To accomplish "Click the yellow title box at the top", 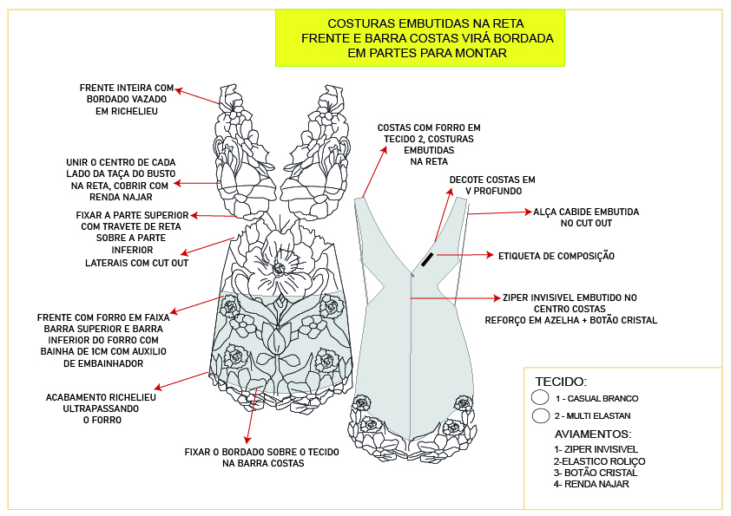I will [425, 38].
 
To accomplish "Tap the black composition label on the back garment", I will [428, 259].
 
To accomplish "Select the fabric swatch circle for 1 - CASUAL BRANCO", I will [540, 397].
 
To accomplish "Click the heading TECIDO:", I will [561, 382].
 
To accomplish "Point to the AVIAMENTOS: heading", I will [593, 434].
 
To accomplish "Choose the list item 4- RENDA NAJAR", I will [591, 484].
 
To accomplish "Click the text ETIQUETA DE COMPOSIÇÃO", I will [556, 256].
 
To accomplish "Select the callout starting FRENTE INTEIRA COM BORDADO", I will [127, 100].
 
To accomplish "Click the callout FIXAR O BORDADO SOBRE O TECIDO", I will [262, 458].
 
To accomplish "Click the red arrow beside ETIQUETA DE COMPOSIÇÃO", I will [464, 256].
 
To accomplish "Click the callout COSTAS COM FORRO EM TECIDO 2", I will [429, 144].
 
